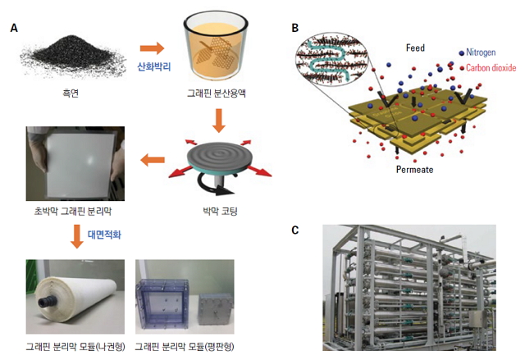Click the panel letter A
tap(14, 29)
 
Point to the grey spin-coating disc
tap(218, 159)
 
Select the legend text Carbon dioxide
tap(491, 67)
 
